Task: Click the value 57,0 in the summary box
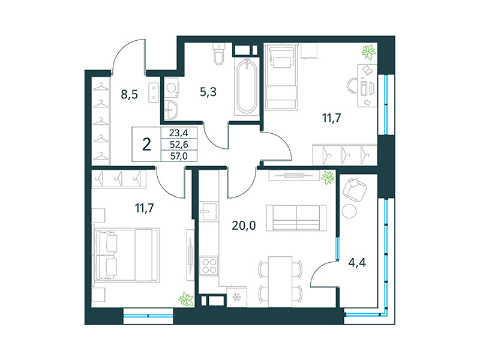[179, 156]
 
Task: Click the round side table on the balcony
[349, 211]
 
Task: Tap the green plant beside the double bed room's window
[187, 298]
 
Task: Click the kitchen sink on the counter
[208, 211]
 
